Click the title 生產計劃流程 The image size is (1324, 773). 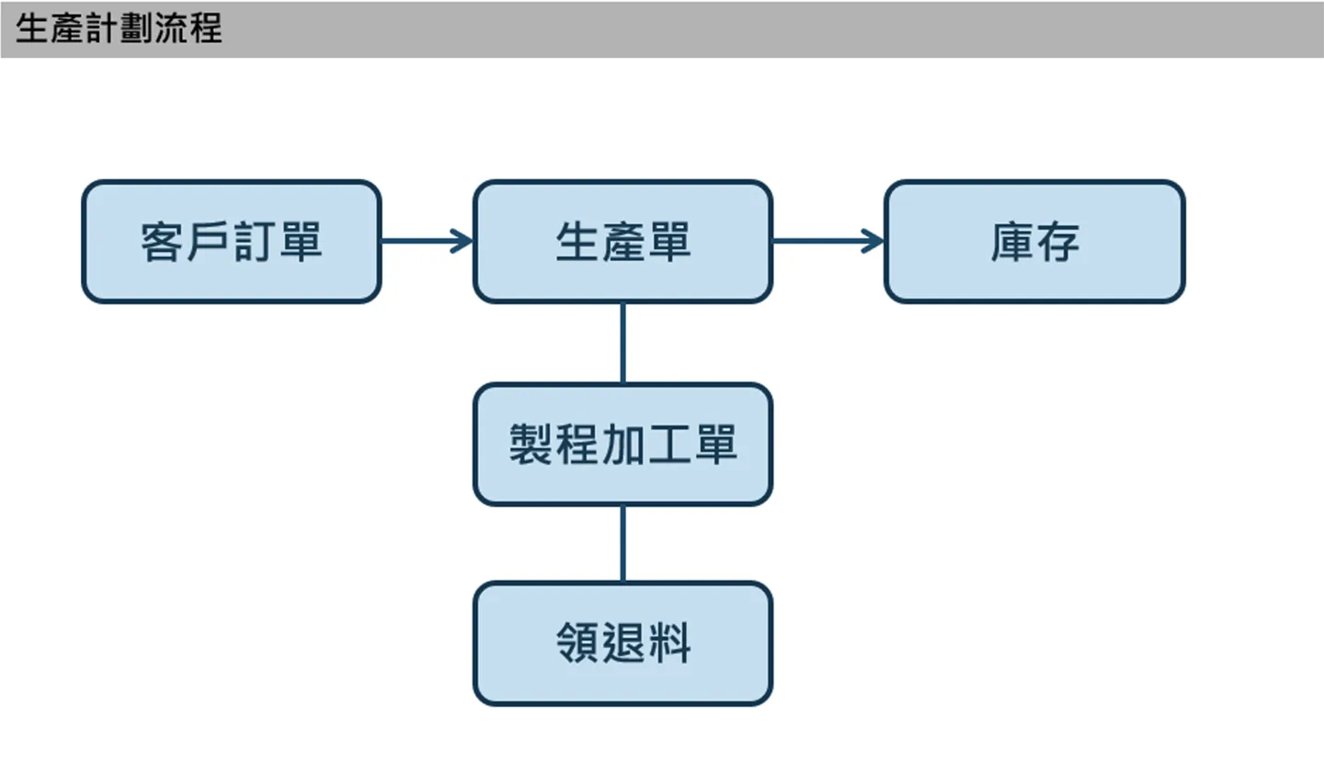119,28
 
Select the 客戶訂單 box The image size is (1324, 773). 232,242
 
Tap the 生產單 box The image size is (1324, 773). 623,242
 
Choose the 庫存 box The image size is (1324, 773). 1035,242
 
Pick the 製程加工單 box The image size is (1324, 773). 623,445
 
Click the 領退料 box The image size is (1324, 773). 623,643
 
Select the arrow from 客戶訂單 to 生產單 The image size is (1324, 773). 428,241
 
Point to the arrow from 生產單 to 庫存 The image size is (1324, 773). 828,241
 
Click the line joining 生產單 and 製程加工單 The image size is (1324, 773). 623,344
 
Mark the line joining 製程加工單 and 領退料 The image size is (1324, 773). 623,544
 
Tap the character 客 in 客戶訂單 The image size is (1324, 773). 162,242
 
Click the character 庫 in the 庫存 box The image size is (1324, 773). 1012,242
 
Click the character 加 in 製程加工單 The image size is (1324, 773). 623,445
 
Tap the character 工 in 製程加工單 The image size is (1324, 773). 669,445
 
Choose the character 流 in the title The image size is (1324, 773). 171,28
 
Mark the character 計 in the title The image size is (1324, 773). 102,28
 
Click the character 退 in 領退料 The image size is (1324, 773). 623,643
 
